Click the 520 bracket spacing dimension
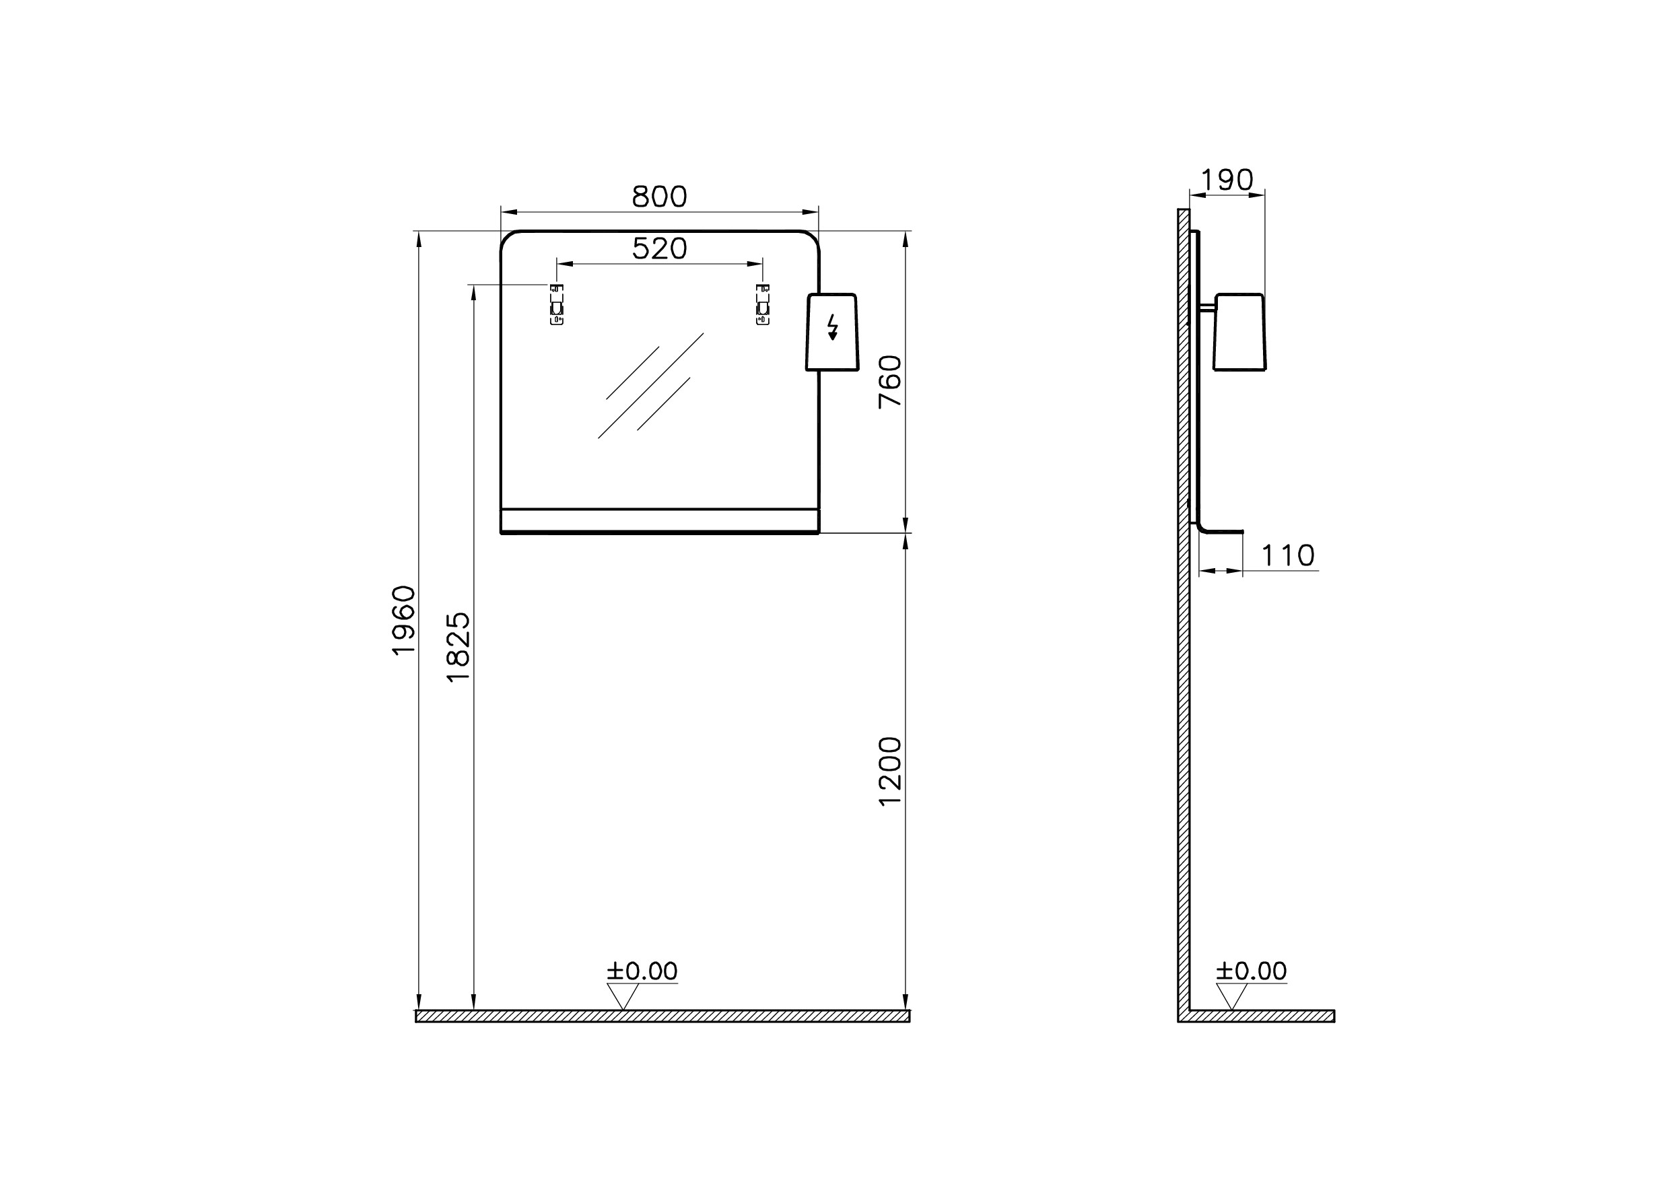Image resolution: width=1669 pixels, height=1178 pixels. pos(658,248)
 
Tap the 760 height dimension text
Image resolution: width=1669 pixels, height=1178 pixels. pos(890,382)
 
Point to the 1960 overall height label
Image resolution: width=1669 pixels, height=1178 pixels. pos(403,620)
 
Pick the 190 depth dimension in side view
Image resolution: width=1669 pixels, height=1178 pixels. pos(1226,180)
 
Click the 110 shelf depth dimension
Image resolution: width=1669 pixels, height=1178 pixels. pos(1287,556)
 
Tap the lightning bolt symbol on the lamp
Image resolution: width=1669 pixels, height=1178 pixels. pos(832,328)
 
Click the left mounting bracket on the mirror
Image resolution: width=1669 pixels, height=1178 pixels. pos(557,304)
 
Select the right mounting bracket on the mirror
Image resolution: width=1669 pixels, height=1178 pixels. pos(763,304)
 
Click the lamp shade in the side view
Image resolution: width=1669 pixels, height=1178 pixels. pos(1239,332)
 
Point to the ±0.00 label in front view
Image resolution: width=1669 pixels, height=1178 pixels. pos(642,971)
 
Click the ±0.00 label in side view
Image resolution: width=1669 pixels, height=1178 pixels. pos(1251,971)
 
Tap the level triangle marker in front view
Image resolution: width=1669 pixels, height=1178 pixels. pos(623,995)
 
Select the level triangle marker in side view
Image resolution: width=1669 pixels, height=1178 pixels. pos(1231,995)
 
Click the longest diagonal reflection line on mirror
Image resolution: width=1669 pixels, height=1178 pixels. pos(650,386)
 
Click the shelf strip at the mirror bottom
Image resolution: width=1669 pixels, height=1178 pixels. pos(659,520)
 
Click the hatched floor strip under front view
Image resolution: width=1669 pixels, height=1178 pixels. pos(662,1016)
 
